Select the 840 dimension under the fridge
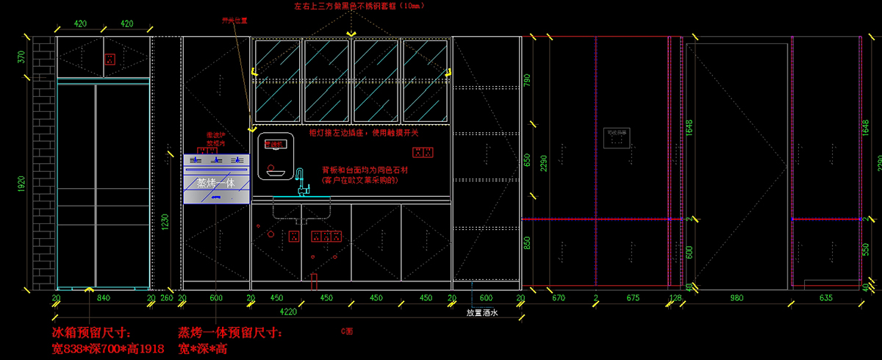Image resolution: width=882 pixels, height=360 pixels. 103,298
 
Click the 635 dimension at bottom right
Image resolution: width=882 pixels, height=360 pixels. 824,298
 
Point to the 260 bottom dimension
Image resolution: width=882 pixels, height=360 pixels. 167,298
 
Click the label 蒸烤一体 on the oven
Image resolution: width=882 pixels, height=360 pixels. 215,182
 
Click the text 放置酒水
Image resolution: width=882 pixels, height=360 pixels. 482,312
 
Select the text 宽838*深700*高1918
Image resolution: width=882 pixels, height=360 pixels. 108,348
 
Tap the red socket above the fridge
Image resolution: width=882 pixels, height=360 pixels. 110,59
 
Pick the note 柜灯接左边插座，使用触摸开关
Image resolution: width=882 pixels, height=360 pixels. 364,133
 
